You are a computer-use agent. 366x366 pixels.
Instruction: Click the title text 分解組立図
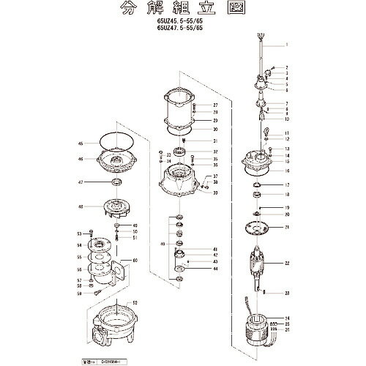(184, 11)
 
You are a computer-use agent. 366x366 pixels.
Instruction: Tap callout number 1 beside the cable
(288, 45)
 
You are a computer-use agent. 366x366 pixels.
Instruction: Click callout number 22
(288, 263)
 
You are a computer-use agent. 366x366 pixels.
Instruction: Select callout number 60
(135, 260)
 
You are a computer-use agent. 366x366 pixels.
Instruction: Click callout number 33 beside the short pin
(288, 293)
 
